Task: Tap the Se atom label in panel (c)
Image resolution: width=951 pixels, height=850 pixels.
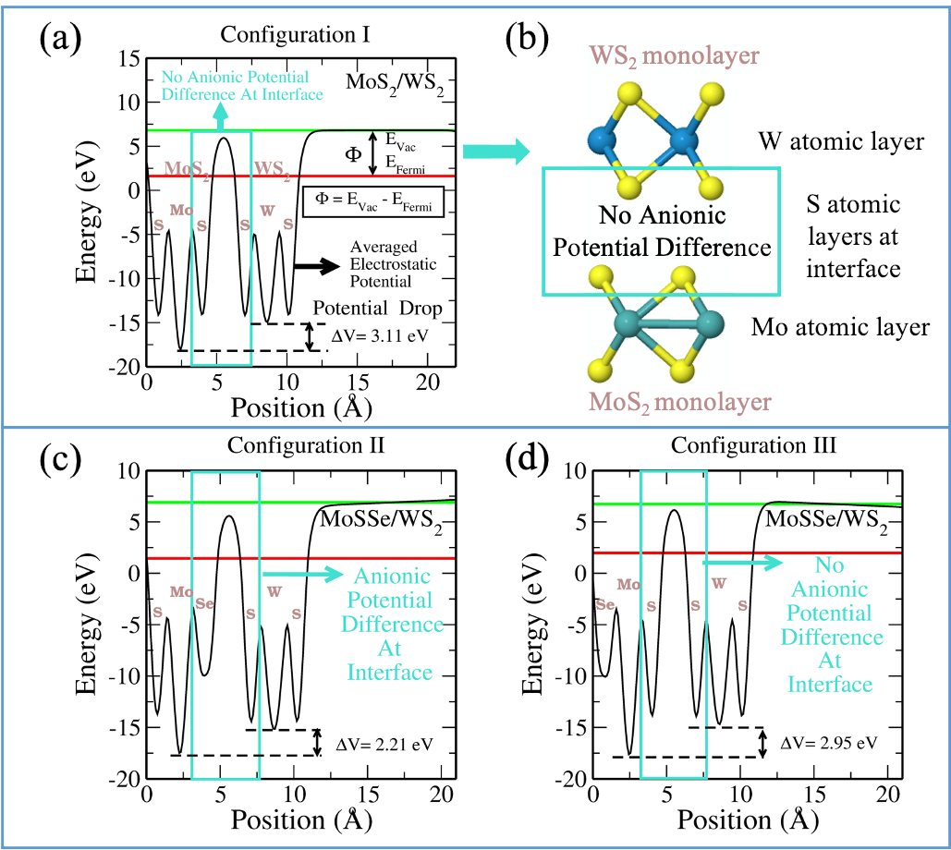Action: pos(205,604)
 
